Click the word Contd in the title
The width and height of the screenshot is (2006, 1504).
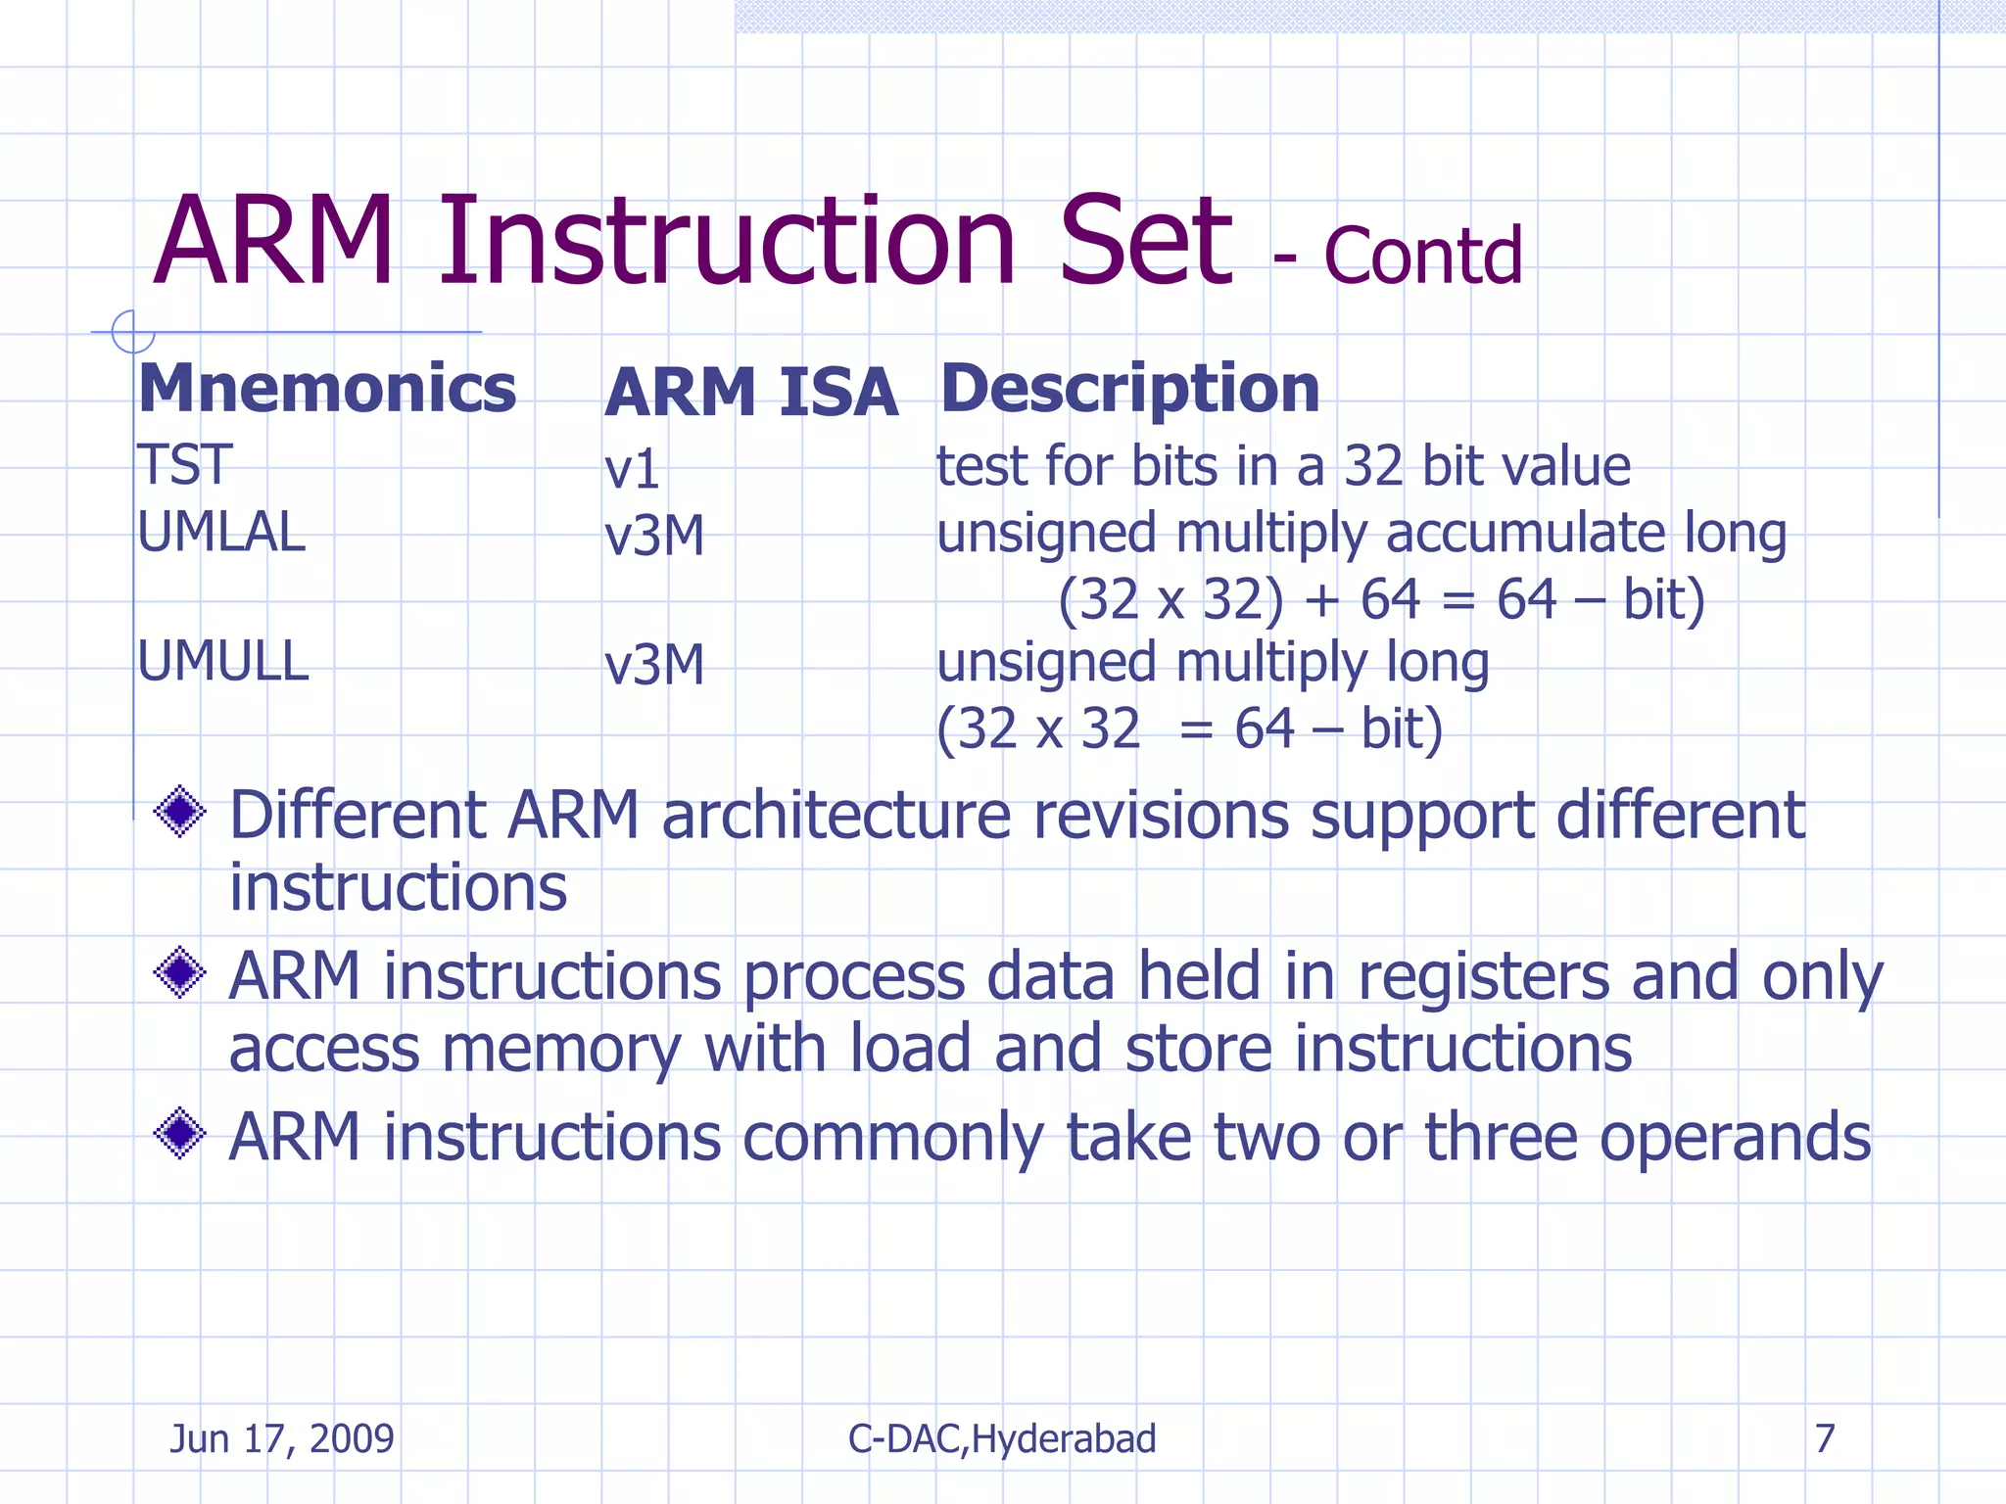click(x=1422, y=257)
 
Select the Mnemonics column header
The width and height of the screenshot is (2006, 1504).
click(x=327, y=389)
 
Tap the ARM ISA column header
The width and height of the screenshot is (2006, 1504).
click(x=750, y=393)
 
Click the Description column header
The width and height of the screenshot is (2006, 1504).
click(x=1129, y=389)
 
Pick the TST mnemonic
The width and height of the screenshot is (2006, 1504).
click(x=184, y=464)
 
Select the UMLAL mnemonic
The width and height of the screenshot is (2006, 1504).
click(x=221, y=534)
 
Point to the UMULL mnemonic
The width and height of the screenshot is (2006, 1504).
click(x=223, y=662)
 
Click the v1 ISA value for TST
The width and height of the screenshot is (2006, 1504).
click(x=632, y=469)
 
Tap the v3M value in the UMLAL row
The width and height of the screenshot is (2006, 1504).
click(x=654, y=537)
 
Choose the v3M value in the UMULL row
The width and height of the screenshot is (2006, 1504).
click(x=654, y=666)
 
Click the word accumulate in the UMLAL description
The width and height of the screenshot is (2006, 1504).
click(x=1525, y=534)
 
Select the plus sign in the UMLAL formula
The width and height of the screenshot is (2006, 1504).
click(x=1321, y=600)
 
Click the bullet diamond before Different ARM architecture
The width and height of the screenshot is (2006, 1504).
click(x=180, y=812)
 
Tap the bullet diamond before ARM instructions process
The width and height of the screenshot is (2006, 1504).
click(x=180, y=972)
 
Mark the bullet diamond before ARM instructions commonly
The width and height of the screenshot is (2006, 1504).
click(x=180, y=1134)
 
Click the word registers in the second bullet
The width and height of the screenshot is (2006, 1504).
click(x=1483, y=978)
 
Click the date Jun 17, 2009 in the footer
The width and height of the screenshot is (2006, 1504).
click(x=281, y=1438)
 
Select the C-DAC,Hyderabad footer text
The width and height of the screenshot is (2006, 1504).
click(x=1002, y=1438)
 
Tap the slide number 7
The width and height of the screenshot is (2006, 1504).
click(x=1824, y=1438)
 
